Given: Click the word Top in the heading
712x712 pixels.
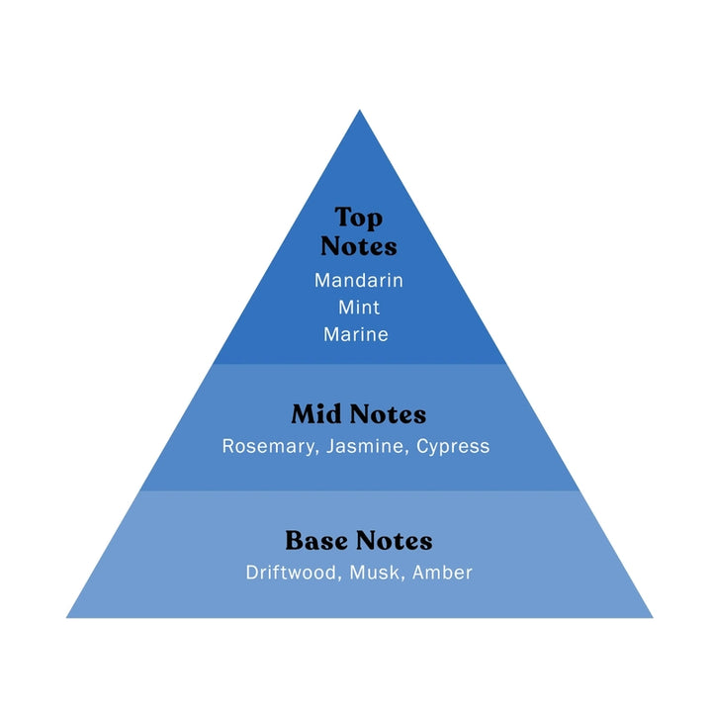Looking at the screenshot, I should tap(358, 219).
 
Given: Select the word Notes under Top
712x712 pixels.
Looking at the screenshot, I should tap(358, 246).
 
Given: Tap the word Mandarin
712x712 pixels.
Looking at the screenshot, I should tap(358, 280).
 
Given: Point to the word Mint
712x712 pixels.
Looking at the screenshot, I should tap(358, 308).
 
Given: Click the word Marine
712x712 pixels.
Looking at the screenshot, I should tap(356, 334).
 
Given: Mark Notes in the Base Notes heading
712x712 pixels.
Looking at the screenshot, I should tap(396, 541).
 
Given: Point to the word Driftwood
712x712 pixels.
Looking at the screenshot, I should tap(291, 573).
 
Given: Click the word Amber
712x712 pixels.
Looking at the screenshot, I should tap(443, 573).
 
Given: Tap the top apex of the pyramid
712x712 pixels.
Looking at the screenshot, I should tap(359, 111).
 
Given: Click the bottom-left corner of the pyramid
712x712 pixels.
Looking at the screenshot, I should tap(67, 617).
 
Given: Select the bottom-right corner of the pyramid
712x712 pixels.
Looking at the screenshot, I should tap(652, 617).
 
